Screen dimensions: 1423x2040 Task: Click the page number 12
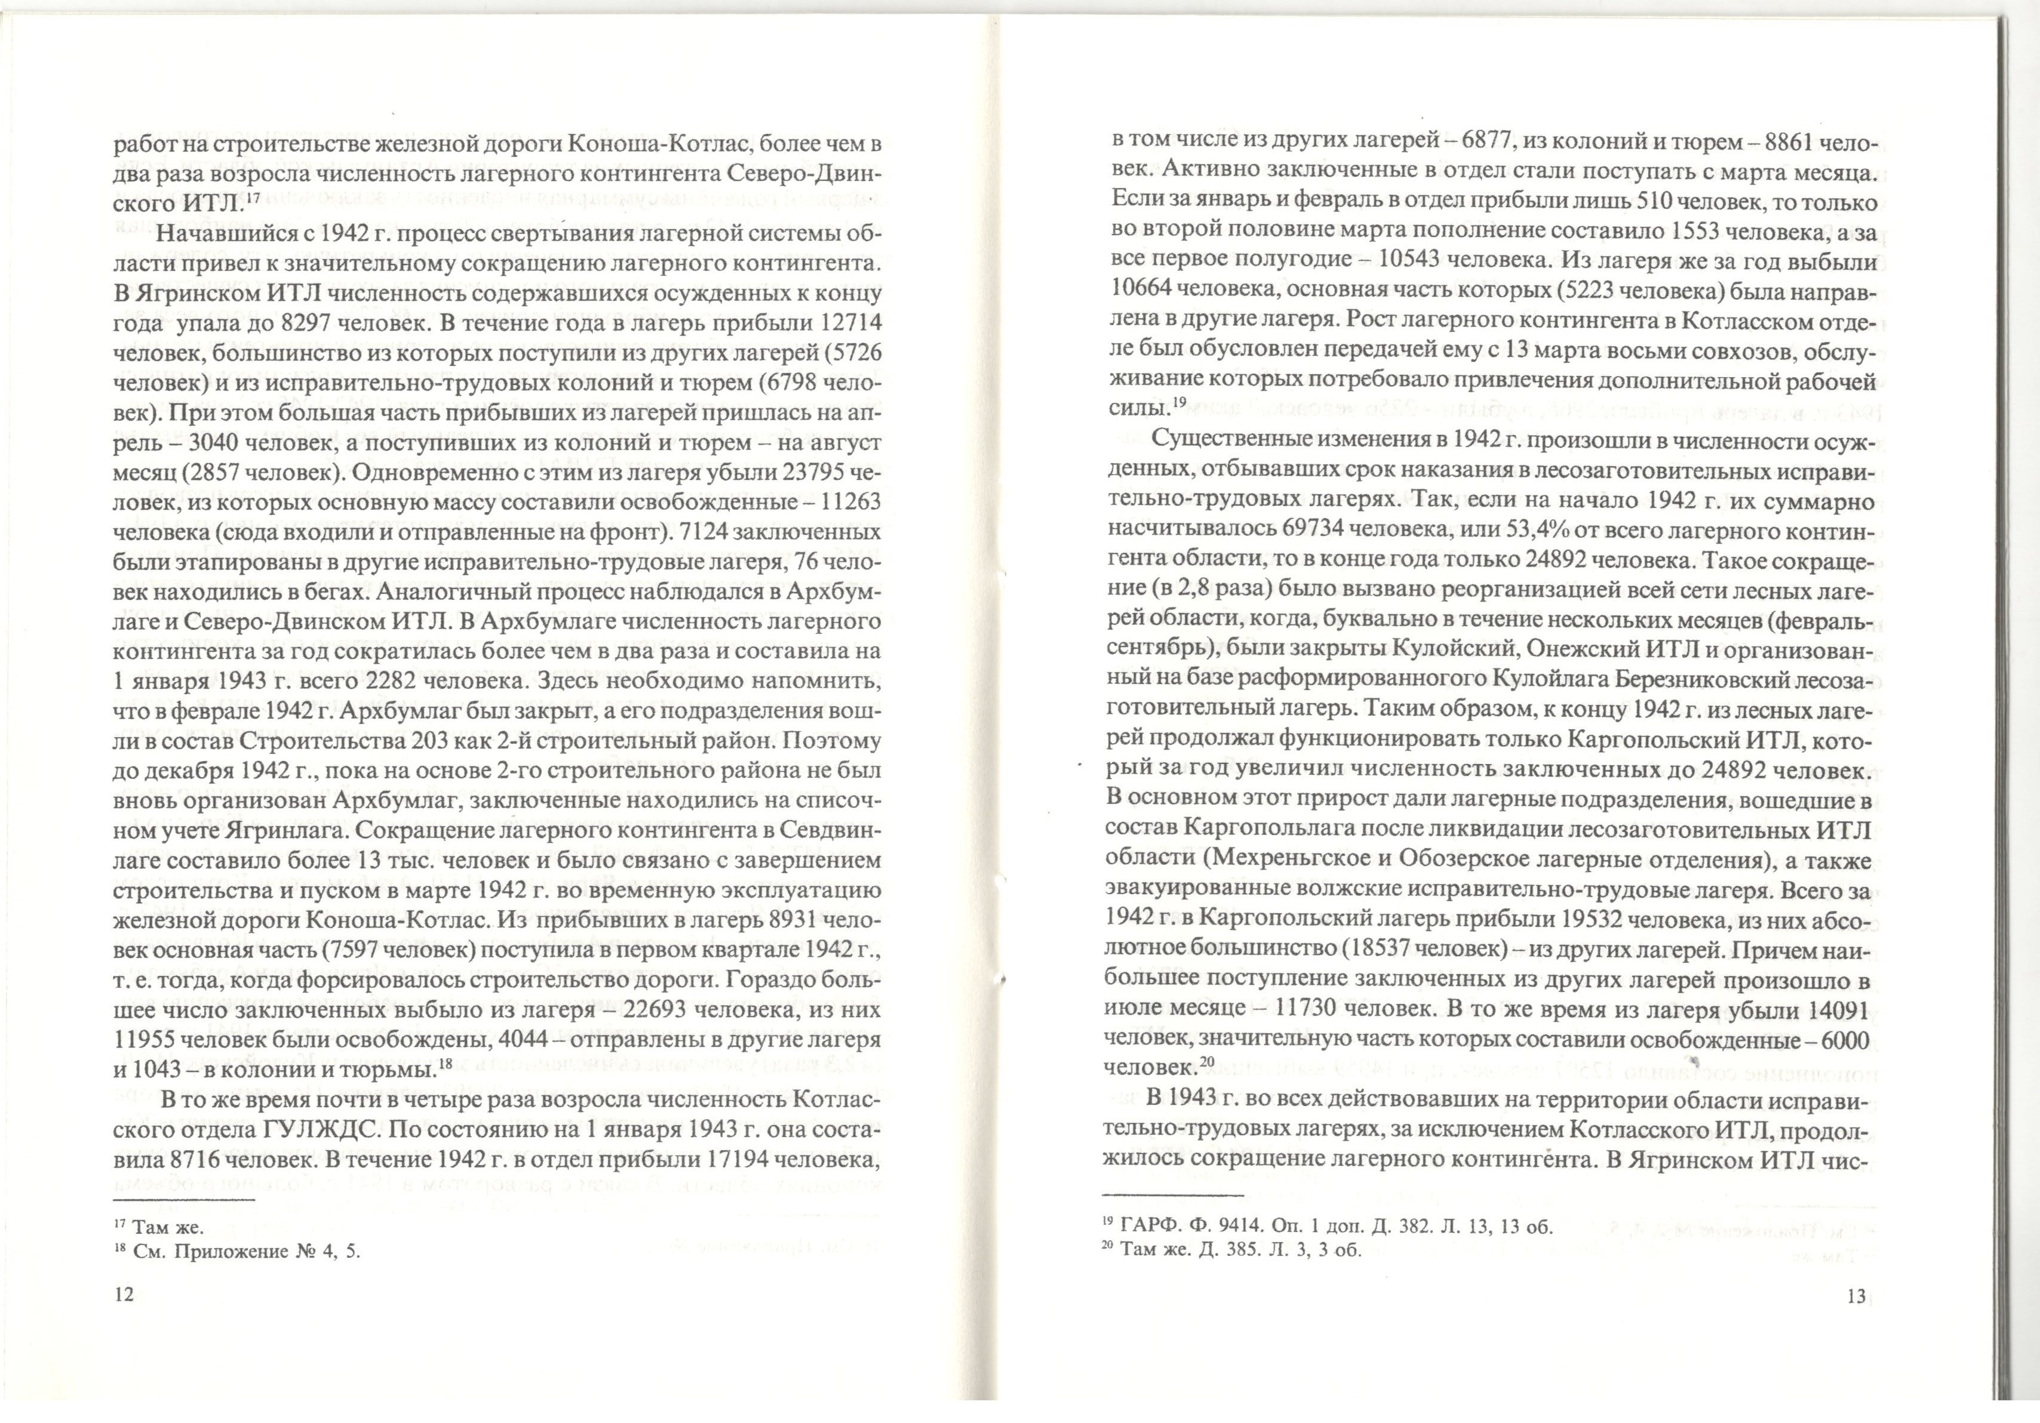[124, 1294]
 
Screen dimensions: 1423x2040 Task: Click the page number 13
[1856, 1296]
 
